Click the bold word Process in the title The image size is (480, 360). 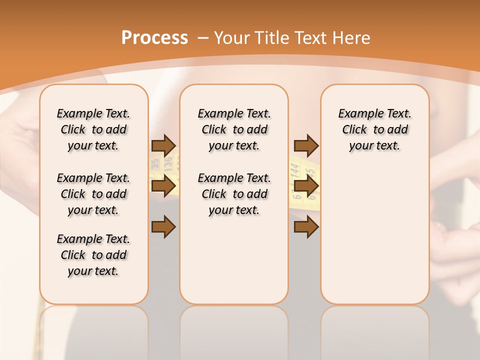[154, 38]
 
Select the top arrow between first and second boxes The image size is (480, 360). [163, 145]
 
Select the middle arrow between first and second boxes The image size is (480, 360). [163, 186]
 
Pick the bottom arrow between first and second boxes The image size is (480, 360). [163, 227]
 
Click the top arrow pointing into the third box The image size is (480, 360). [306, 145]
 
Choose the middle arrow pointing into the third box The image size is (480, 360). [306, 186]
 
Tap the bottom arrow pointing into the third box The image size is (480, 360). [306, 227]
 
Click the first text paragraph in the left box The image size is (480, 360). [93, 129]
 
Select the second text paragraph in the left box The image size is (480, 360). [93, 194]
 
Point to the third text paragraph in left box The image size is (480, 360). [93, 255]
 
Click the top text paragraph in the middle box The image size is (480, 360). [234, 129]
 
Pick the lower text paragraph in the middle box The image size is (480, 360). [234, 194]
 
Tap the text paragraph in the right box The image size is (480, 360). [374, 129]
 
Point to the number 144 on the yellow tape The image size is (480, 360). [295, 171]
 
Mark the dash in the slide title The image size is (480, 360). [203, 38]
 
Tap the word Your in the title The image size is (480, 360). [232, 38]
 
